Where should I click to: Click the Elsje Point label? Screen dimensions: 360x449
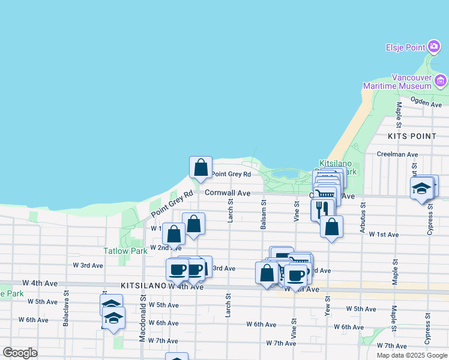pyautogui.click(x=405, y=47)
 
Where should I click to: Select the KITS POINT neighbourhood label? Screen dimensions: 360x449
pyautogui.click(x=412, y=136)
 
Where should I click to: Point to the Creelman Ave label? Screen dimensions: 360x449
pyautogui.click(x=397, y=154)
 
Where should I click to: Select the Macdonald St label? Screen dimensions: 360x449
pyautogui.click(x=142, y=318)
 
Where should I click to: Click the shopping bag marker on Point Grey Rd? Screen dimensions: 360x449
pyautogui.click(x=200, y=167)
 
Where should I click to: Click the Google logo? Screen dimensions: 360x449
pyautogui.click(x=20, y=352)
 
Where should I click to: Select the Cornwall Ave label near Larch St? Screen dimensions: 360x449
pyautogui.click(x=227, y=193)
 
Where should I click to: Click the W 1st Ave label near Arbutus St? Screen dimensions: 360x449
pyautogui.click(x=384, y=234)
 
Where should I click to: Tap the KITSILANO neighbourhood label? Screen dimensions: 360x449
pyautogui.click(x=143, y=286)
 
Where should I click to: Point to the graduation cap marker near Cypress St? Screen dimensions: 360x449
pyautogui.click(x=422, y=188)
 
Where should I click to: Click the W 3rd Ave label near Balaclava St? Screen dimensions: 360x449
pyautogui.click(x=88, y=265)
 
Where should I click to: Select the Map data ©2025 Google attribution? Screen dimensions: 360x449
pyautogui.click(x=412, y=355)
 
